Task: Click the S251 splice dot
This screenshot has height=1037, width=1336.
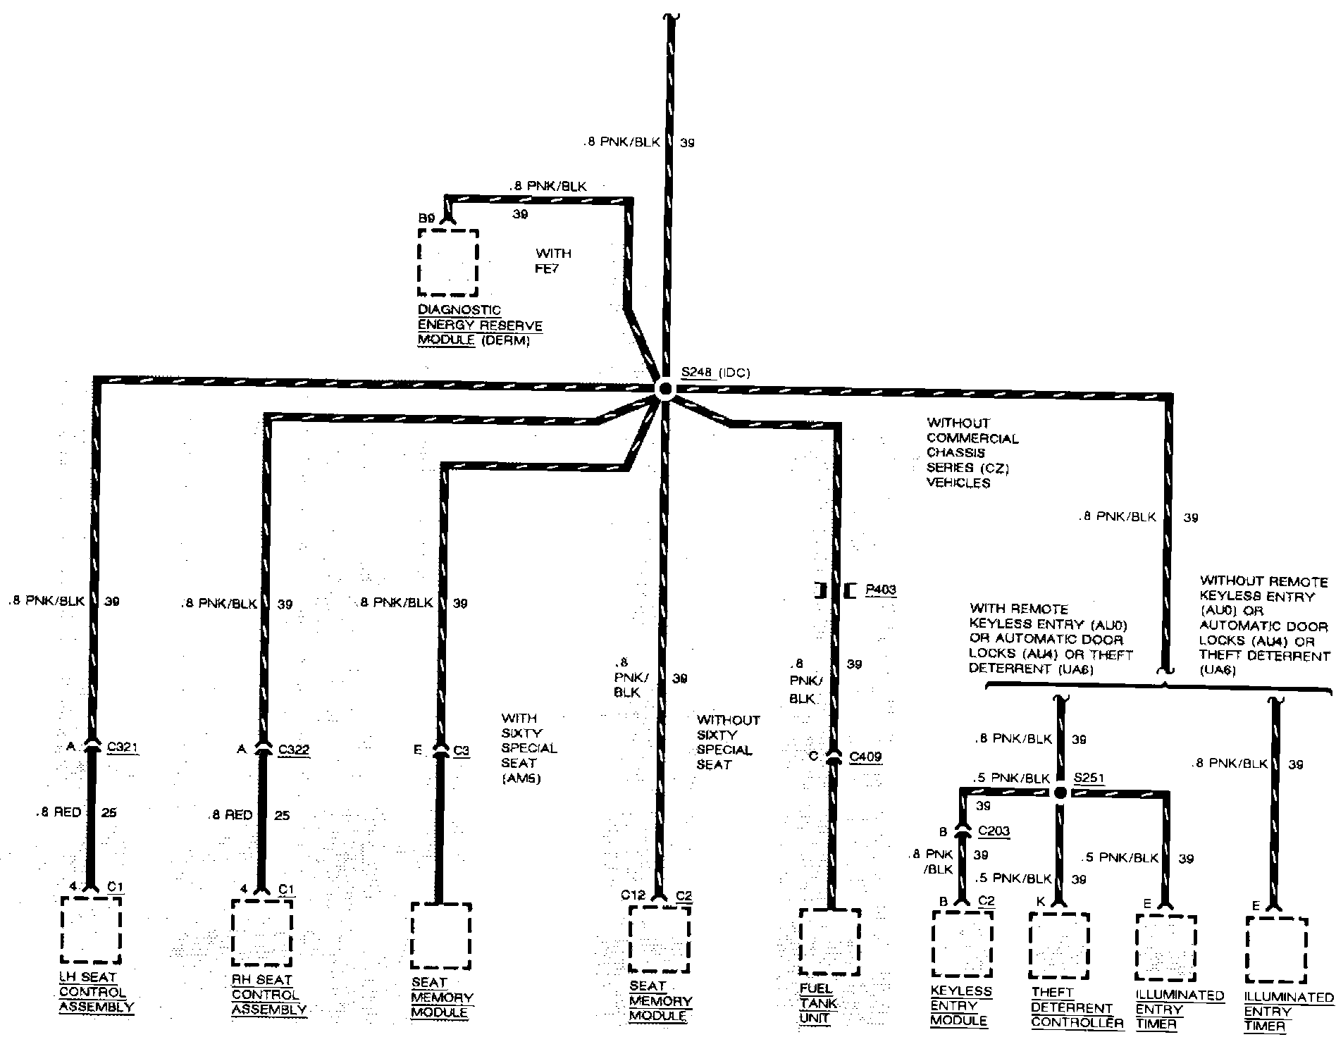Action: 1060,793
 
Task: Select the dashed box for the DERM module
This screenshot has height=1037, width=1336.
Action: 447,262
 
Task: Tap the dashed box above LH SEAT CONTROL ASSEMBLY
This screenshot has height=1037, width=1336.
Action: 91,930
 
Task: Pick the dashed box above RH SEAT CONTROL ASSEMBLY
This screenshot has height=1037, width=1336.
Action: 261,933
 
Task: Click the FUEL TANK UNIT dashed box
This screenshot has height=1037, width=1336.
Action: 829,943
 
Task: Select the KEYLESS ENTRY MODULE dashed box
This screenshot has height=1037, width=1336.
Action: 962,945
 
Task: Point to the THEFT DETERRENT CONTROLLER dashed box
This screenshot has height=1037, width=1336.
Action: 1059,946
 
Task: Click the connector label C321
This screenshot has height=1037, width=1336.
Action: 123,748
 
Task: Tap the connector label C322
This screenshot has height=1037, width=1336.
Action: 293,750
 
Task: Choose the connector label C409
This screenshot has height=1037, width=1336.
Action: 865,757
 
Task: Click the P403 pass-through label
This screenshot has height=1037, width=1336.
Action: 881,590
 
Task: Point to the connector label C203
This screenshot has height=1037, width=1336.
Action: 994,831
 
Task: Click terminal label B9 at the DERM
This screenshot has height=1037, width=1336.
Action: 426,219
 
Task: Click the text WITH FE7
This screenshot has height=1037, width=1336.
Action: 553,261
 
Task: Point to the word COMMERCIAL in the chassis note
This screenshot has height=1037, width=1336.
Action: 972,438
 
